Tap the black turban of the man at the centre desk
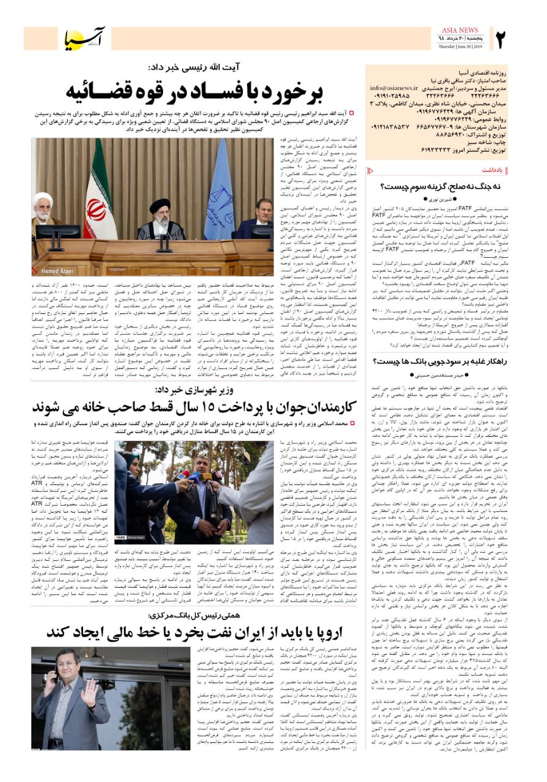(160, 205)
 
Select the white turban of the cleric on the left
(42, 199)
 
